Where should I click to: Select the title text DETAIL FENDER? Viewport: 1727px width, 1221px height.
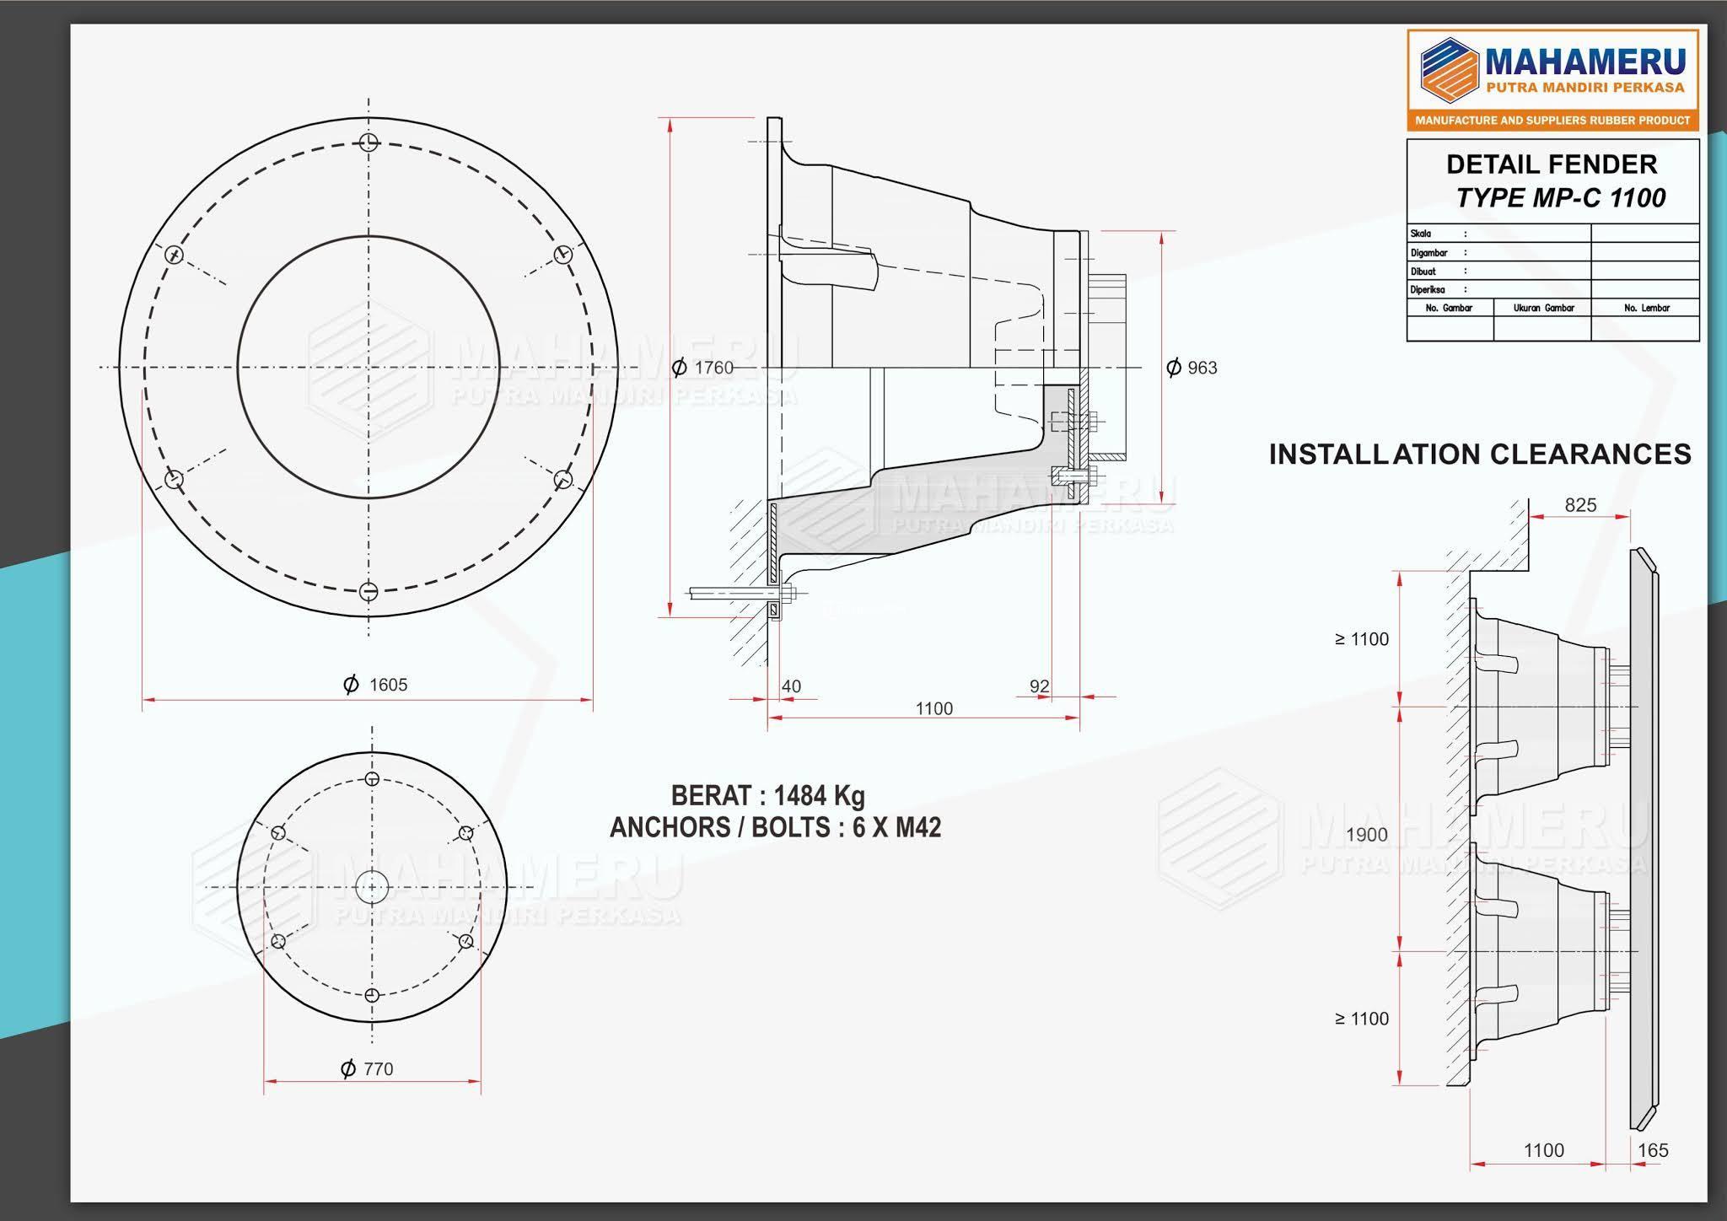coord(1552,164)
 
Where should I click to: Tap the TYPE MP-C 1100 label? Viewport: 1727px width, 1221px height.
coord(1561,198)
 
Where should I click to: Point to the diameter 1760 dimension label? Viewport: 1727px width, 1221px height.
coord(702,368)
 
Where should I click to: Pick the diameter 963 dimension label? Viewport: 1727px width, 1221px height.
coord(1192,368)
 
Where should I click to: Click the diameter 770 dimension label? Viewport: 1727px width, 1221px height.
coord(367,1069)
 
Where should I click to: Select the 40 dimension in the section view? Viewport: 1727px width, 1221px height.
coord(791,686)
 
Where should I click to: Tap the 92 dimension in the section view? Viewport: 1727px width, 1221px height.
coord(1040,686)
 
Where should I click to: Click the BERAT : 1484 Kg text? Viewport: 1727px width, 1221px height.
coord(768,795)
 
